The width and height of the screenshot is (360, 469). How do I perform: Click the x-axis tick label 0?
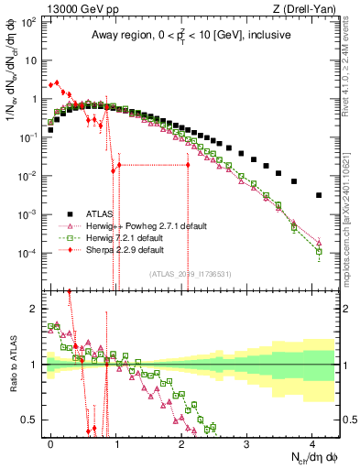tap(51, 442)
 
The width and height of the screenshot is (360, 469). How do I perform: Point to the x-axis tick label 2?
tap(181, 442)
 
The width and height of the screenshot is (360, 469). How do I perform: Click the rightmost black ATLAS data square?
tap(319, 195)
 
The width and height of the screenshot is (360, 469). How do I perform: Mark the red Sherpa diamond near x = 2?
tap(188, 165)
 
